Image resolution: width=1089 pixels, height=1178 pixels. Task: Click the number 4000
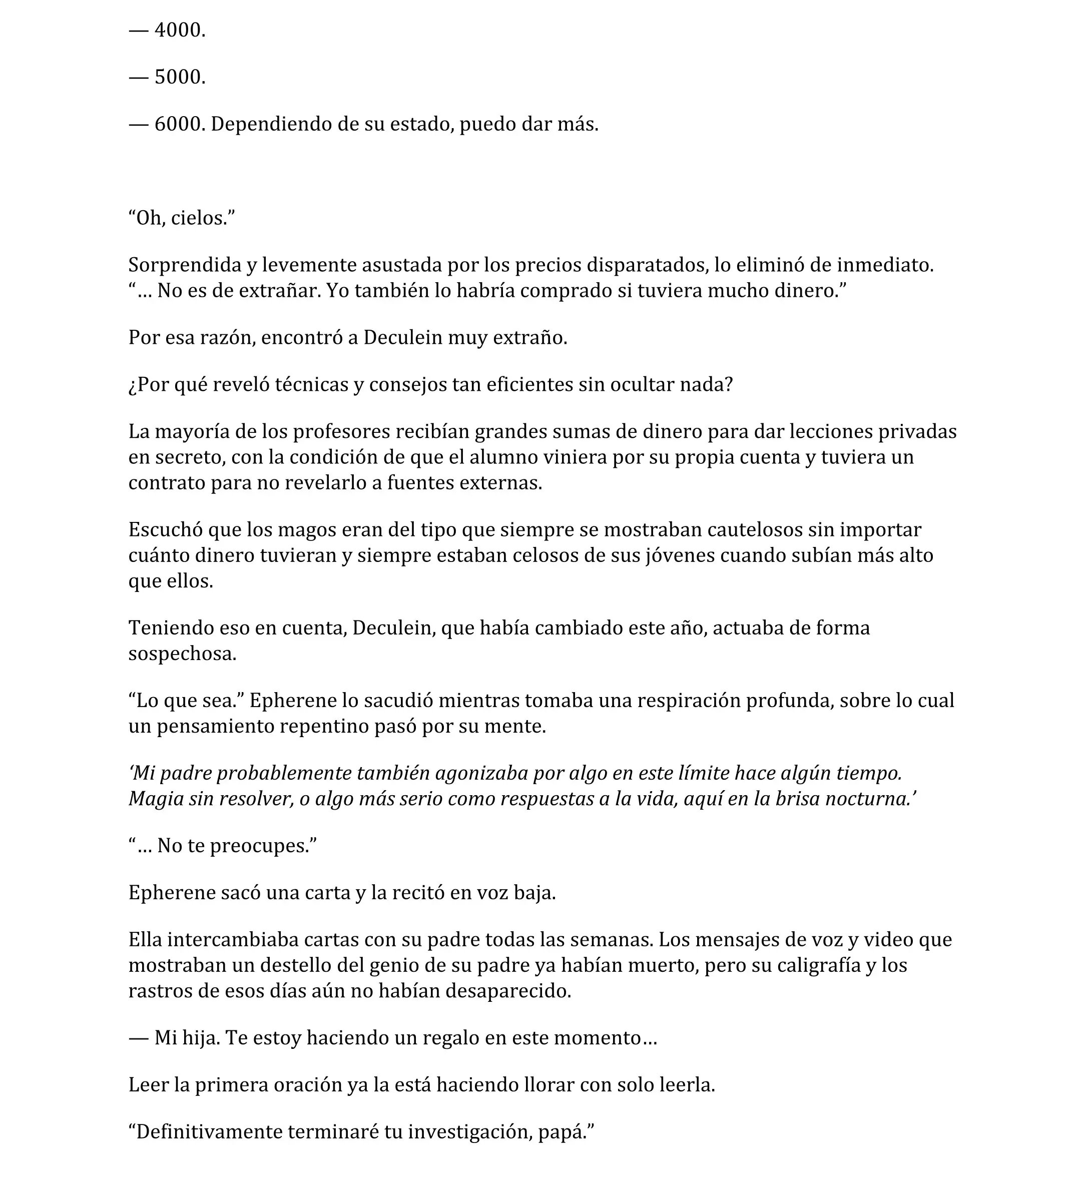tap(179, 30)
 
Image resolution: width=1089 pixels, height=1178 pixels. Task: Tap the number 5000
tap(179, 77)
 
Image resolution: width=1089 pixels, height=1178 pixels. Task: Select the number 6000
tap(179, 124)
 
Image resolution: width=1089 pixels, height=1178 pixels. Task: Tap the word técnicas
tap(311, 385)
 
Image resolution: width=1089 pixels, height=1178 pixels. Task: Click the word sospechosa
tap(182, 654)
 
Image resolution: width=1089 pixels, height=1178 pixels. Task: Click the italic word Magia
tap(153, 799)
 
